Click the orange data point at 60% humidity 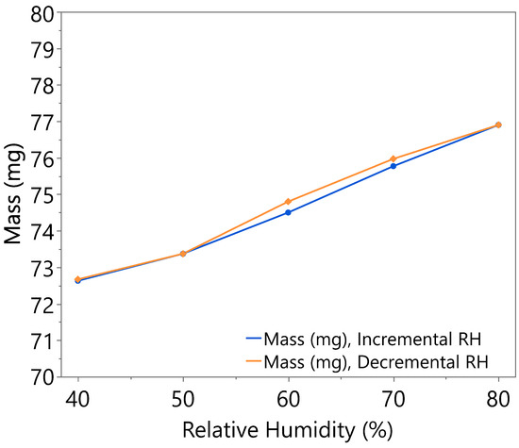tap(288, 202)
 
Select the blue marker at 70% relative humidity tap(393, 166)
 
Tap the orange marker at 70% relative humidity tap(393, 158)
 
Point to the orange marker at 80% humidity tap(498, 124)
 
